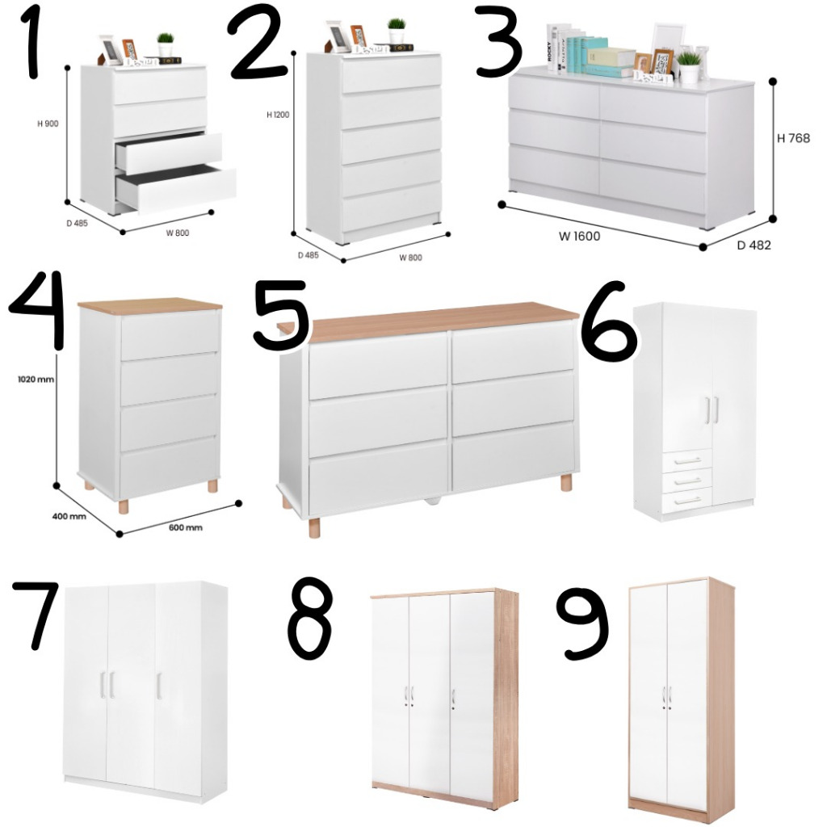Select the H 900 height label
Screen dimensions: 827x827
pos(48,124)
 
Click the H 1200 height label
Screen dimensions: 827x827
pos(278,115)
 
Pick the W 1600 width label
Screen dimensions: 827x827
pos(578,236)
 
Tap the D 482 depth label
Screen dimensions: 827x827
pos(754,245)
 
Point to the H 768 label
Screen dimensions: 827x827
pos(793,138)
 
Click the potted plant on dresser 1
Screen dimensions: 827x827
pos(165,43)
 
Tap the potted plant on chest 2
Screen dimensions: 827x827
pos(396,30)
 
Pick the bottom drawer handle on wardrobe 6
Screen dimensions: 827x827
pos(686,500)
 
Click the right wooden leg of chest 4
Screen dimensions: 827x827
pos(212,486)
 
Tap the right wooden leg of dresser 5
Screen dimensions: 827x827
pos(565,483)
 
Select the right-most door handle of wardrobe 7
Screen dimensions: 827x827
pos(159,685)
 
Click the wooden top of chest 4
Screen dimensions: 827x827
pos(150,306)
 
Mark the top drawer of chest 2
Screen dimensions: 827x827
pos(391,75)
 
